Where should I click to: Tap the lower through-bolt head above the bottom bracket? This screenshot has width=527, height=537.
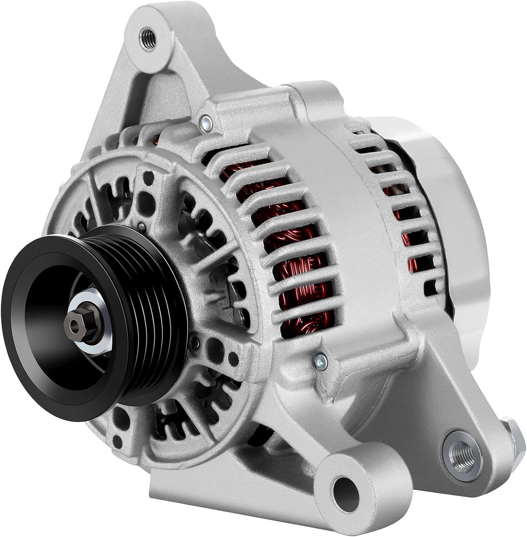tap(318, 358)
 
